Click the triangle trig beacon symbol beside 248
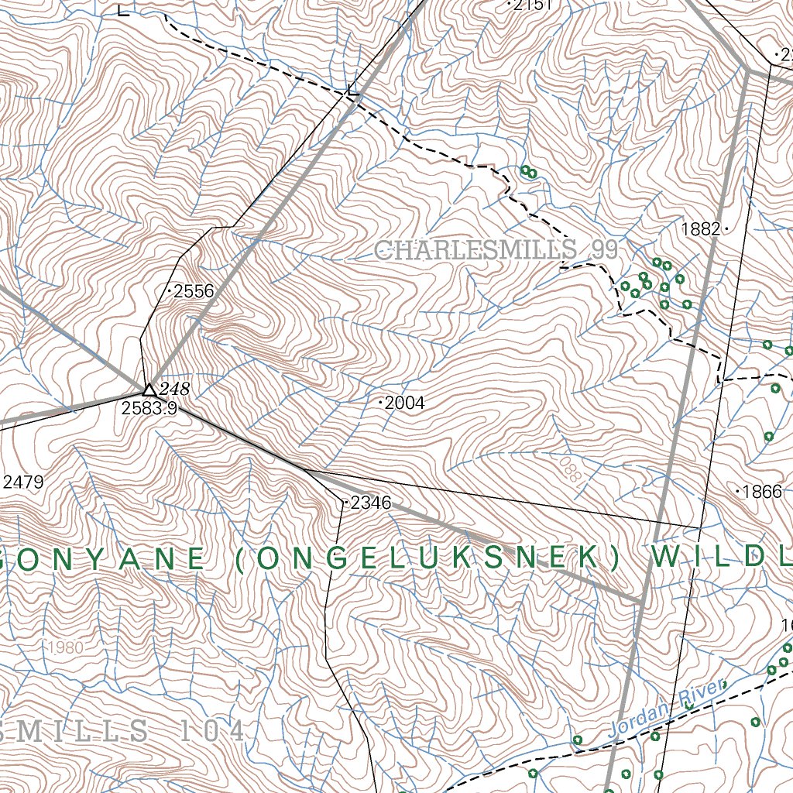pos(149,389)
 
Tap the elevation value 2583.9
pos(149,407)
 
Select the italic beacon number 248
pos(174,389)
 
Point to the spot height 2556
pos(193,291)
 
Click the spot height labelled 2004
pos(404,403)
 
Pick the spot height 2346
pos(370,503)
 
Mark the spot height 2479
pos(22,482)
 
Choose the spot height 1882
pos(701,229)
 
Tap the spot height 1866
pos(762,491)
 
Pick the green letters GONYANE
pos(105,559)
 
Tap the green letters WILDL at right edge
pos(720,558)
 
